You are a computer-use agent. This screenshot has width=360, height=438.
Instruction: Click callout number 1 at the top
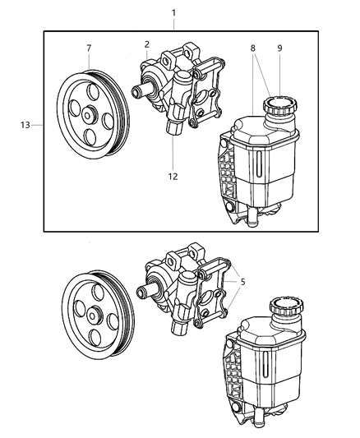point(173,12)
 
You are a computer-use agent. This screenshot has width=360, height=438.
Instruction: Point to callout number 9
point(280,48)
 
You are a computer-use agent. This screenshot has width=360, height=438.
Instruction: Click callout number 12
point(173,175)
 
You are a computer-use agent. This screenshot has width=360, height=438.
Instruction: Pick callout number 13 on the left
point(26,125)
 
